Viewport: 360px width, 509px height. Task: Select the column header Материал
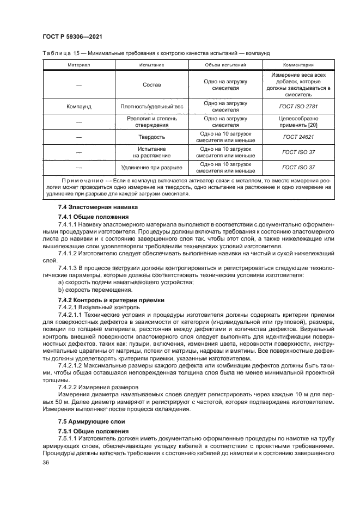coord(78,64)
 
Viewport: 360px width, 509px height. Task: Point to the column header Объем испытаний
coord(225,64)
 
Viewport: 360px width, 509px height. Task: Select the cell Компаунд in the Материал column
coord(78,106)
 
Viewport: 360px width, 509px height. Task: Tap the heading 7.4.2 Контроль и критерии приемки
coord(103,300)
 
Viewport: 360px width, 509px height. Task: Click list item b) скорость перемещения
coord(90,290)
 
